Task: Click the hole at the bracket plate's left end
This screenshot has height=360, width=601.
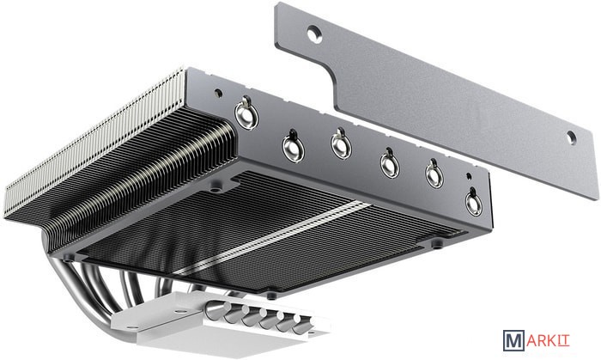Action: tap(314, 34)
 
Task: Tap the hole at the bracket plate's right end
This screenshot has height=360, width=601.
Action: tap(572, 137)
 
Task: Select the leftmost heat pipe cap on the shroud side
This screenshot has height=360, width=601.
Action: tap(246, 114)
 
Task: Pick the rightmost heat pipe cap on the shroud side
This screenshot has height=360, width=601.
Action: tap(474, 202)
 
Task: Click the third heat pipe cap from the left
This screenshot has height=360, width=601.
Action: tap(341, 144)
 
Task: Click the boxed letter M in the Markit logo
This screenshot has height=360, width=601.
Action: tap(513, 341)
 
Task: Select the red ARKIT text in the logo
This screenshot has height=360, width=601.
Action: tap(548, 340)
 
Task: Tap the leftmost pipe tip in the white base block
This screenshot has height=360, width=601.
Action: tap(216, 310)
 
